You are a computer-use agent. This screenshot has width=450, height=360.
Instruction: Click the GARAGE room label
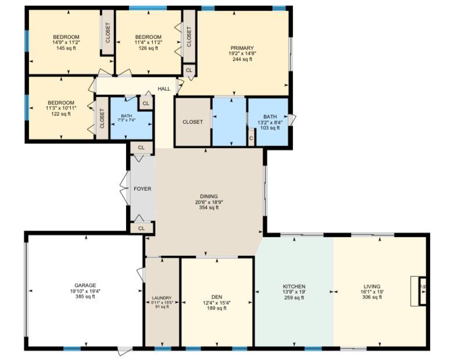click(x=85, y=286)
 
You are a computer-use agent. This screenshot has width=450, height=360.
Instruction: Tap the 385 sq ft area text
click(x=85, y=297)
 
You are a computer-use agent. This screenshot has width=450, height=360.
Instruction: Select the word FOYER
click(x=142, y=189)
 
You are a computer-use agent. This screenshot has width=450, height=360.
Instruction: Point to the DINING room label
click(x=209, y=197)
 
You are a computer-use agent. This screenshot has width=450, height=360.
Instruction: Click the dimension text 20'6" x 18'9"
click(x=209, y=202)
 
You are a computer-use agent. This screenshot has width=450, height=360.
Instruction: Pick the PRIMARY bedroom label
click(x=242, y=48)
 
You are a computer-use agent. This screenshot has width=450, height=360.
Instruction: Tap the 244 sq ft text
click(x=242, y=59)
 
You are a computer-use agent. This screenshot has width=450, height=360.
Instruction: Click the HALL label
click(x=164, y=89)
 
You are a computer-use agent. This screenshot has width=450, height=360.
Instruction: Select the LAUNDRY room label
click(x=162, y=298)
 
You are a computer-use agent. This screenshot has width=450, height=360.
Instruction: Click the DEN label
click(x=217, y=297)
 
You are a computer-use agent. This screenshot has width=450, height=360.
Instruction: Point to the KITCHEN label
click(x=294, y=287)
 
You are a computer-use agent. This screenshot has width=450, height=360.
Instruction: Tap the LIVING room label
click(x=372, y=286)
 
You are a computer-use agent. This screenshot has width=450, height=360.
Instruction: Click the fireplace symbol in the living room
click(x=423, y=291)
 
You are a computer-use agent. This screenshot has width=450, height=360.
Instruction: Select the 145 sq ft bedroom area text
click(x=66, y=48)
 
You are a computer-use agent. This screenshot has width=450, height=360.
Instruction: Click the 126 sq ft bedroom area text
click(x=148, y=48)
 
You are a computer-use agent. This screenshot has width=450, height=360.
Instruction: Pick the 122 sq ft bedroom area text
click(x=61, y=113)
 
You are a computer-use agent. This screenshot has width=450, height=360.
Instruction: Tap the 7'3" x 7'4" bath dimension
click(x=126, y=120)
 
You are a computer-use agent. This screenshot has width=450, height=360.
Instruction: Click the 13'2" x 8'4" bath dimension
click(x=270, y=122)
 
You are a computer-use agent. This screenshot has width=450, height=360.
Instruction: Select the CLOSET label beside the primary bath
click(x=192, y=122)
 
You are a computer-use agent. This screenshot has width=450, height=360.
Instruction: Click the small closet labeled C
click(x=251, y=138)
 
